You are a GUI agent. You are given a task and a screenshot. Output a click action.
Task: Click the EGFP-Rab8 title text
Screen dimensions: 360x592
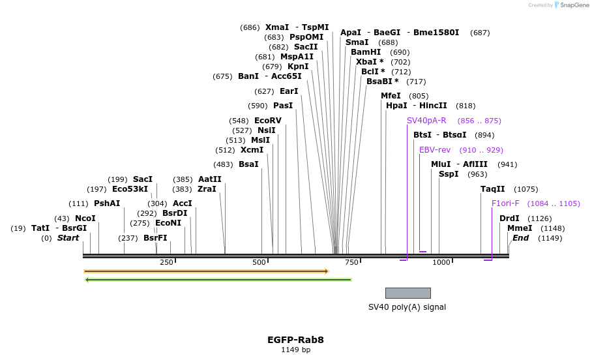[x=295, y=340]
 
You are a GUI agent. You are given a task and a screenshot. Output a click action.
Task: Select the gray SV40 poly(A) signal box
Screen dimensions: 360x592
[x=407, y=293]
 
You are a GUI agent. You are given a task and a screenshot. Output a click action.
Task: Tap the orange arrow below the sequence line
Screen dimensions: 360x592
[x=206, y=271]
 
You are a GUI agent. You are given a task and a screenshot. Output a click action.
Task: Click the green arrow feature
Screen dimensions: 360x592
[x=218, y=280]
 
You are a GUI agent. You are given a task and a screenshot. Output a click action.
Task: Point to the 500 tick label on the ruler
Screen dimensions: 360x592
[x=259, y=262]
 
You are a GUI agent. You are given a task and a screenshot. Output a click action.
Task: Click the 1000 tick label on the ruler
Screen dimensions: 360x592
[x=441, y=262]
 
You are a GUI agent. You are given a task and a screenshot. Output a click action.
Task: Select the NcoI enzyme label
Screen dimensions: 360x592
[x=85, y=218]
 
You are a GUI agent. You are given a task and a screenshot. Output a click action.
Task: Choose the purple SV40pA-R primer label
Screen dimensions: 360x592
[x=426, y=121]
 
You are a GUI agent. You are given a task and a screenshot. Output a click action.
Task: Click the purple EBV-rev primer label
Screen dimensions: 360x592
[x=434, y=150]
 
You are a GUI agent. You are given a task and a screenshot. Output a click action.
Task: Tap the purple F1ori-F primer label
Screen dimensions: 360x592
[x=505, y=203]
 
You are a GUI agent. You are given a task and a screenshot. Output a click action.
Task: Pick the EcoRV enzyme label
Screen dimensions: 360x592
[x=267, y=121]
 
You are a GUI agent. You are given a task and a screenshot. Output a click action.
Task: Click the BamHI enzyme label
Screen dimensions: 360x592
[x=366, y=52]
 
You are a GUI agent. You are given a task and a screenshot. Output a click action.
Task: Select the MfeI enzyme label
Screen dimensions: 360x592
[x=391, y=96]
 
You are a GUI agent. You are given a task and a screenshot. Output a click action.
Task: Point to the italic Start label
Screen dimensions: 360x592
[x=68, y=238]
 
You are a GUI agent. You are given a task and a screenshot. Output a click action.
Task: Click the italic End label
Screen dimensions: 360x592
[x=520, y=238]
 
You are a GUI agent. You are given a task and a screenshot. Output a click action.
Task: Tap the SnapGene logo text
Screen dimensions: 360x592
[x=574, y=5]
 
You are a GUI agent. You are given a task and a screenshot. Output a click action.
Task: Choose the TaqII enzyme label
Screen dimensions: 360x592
[x=492, y=189]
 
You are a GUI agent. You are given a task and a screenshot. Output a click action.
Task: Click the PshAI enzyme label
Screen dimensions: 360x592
[x=107, y=203]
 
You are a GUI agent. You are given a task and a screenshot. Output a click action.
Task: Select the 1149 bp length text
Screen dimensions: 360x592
[x=295, y=350]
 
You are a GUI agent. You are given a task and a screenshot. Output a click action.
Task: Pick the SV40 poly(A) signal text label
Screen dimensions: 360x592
[x=407, y=307]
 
